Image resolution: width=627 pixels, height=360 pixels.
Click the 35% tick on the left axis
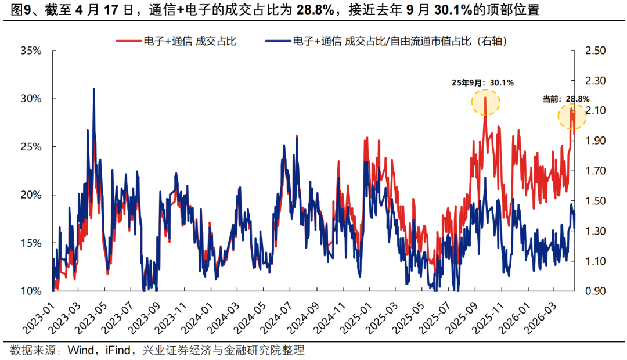31,51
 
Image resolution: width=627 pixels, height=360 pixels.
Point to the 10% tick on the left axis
31,291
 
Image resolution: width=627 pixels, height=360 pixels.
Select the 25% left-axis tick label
31,147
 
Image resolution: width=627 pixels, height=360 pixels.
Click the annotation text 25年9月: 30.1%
483,83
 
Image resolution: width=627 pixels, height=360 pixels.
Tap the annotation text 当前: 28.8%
566,99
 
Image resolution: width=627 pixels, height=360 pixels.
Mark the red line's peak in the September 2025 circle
485,98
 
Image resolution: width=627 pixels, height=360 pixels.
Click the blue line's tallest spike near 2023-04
94,89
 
